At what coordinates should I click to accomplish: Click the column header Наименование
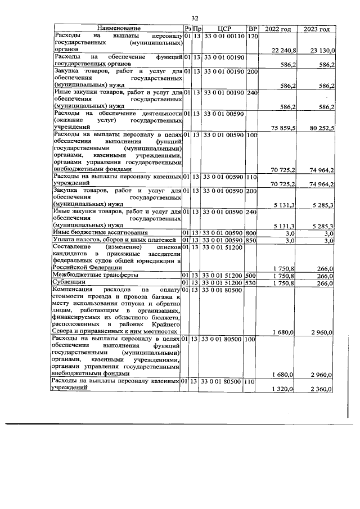(118, 29)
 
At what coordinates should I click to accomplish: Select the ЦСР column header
(224, 29)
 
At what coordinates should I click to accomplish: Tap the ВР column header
(253, 29)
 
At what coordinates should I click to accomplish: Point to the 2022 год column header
(278, 29)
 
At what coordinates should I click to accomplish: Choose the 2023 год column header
(317, 29)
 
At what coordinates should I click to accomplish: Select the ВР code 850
(251, 241)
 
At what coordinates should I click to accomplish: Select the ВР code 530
(251, 282)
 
